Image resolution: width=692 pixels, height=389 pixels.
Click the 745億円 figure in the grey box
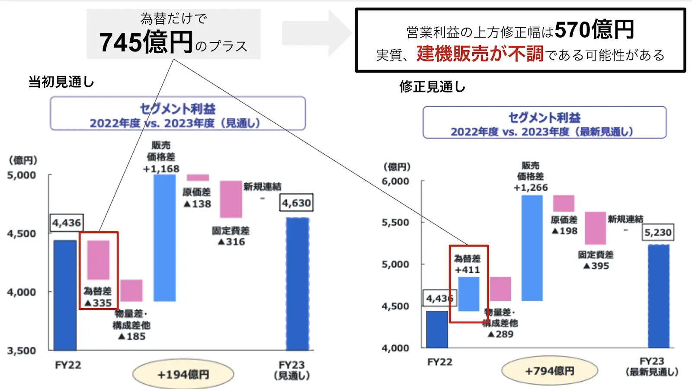tap(146, 42)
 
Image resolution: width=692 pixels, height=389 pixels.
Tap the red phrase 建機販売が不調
tap(480, 54)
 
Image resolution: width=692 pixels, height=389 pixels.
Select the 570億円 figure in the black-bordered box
tap(594, 30)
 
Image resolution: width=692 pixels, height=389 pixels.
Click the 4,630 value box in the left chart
tap(297, 203)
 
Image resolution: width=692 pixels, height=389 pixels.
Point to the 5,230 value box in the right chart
tap(658, 233)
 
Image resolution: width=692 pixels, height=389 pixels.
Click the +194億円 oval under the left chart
tap(183, 374)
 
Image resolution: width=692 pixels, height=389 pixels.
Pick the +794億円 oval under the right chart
tap(549, 371)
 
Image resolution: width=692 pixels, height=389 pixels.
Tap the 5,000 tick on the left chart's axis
tap(22, 175)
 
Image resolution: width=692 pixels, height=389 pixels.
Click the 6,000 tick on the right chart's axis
tap(395, 181)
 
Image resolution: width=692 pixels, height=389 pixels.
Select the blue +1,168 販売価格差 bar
tap(165, 238)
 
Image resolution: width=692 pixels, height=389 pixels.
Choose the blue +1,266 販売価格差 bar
tap(532, 248)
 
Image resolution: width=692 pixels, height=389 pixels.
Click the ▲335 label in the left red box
tap(98, 303)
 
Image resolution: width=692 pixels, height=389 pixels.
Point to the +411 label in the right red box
tap(468, 270)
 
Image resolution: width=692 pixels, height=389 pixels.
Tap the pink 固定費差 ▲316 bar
tap(231, 199)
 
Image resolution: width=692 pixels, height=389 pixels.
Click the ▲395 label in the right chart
tap(596, 266)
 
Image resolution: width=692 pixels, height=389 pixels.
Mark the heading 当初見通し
tap(61, 82)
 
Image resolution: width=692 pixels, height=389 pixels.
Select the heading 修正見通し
tap(432, 87)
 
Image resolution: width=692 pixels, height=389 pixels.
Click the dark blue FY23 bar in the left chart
tap(298, 284)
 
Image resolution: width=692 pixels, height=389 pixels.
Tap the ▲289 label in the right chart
tap(500, 334)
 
